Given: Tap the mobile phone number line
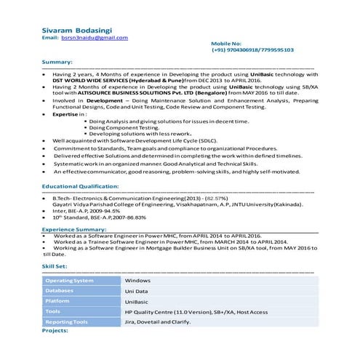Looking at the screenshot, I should (252, 51).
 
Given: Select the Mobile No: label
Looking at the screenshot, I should (228, 44).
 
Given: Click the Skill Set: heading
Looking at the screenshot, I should (55, 266).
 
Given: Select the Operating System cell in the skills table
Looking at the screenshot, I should (70, 279).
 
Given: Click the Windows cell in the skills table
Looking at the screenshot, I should (137, 279).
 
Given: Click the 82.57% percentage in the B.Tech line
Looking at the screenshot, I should (217, 197).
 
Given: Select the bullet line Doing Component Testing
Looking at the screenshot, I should (129, 127).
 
